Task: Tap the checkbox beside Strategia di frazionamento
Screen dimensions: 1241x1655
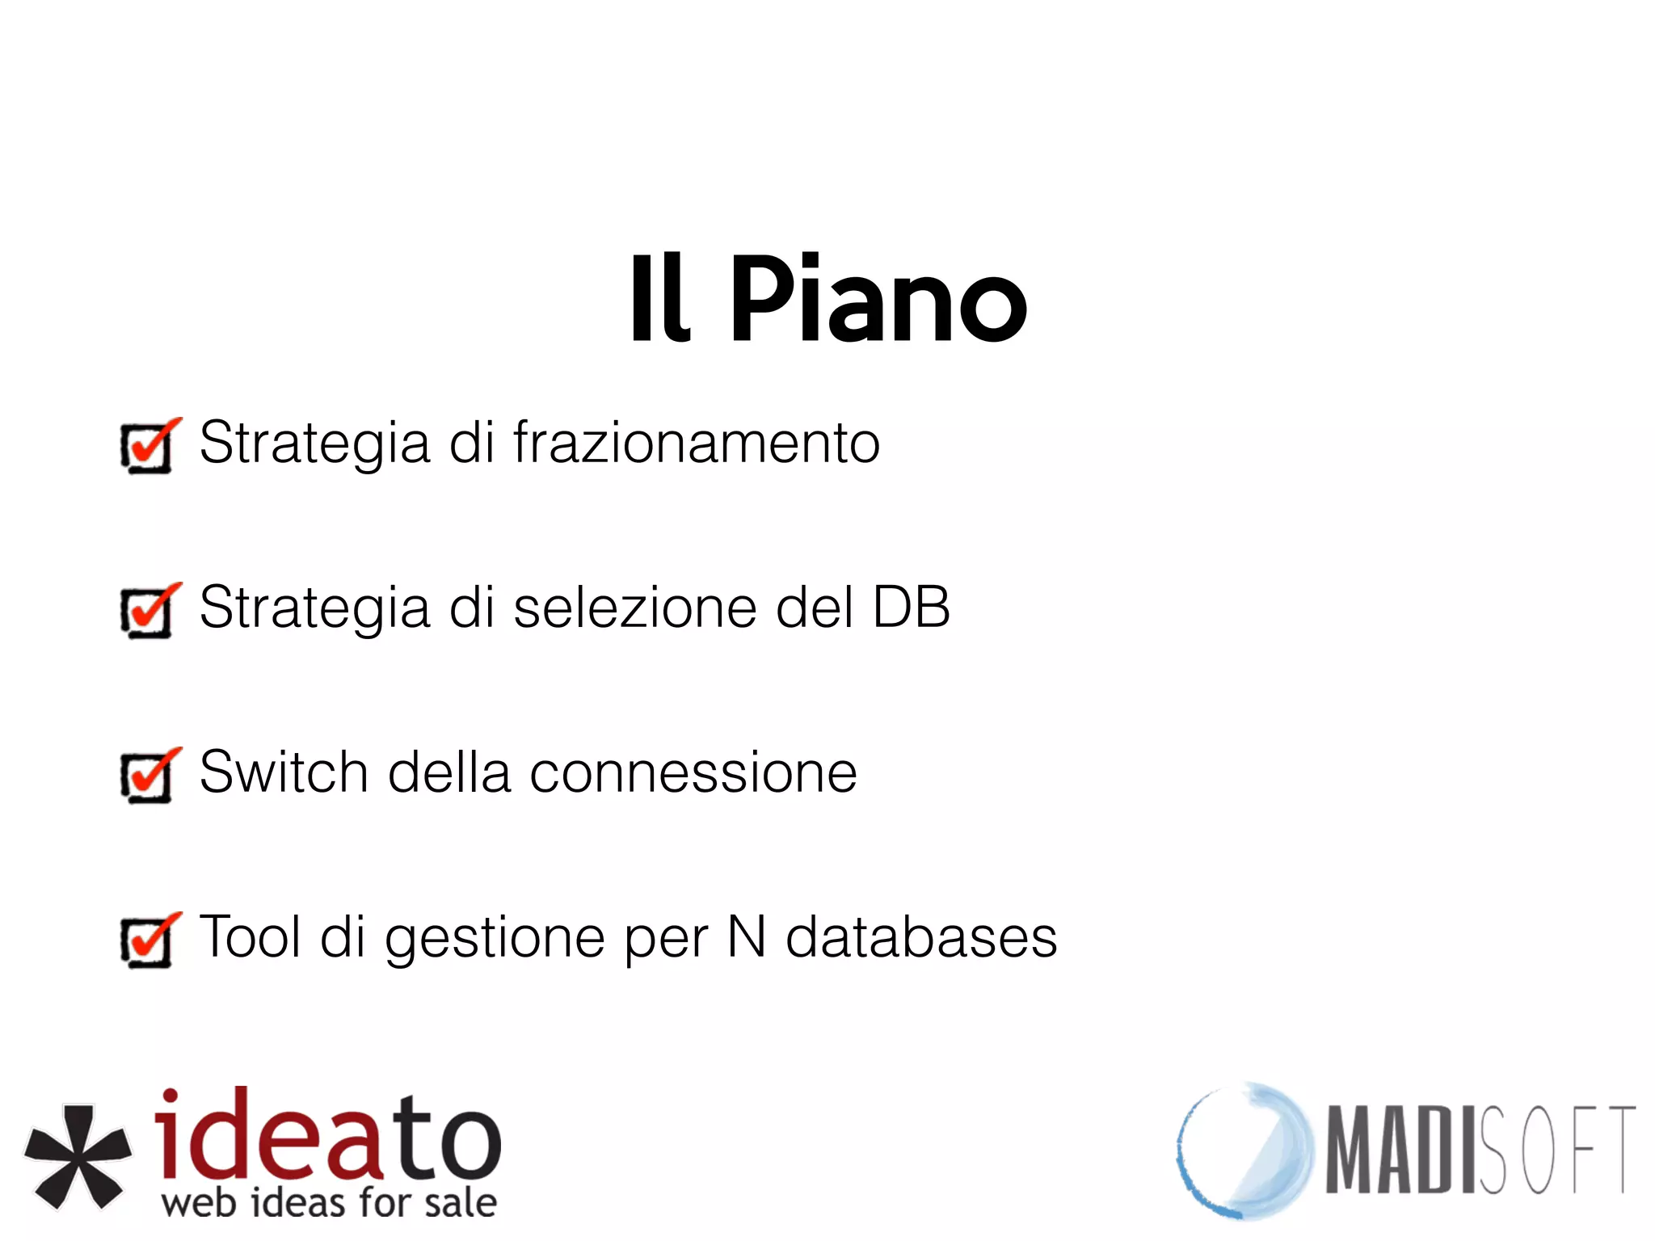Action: coord(147,446)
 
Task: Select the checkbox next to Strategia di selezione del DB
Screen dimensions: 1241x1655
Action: coord(147,611)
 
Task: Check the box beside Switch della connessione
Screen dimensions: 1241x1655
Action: coord(147,776)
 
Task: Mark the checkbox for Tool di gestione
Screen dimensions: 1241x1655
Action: coord(147,940)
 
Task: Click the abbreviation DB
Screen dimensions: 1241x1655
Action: coord(911,608)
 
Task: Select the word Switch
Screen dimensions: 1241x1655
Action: coord(284,772)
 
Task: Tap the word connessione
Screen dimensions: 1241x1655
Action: coord(693,774)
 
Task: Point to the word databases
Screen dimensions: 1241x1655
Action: coord(921,937)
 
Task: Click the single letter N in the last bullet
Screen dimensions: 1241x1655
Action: coord(746,937)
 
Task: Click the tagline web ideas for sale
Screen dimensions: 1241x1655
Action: coord(329,1203)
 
